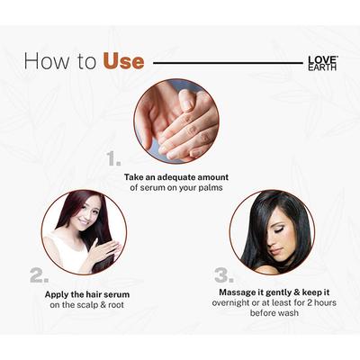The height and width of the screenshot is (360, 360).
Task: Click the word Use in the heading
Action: pyautogui.click(x=123, y=62)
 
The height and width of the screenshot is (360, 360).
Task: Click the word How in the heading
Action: pyautogui.click(x=43, y=62)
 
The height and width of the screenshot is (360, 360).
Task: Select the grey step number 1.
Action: pyautogui.click(x=113, y=159)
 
